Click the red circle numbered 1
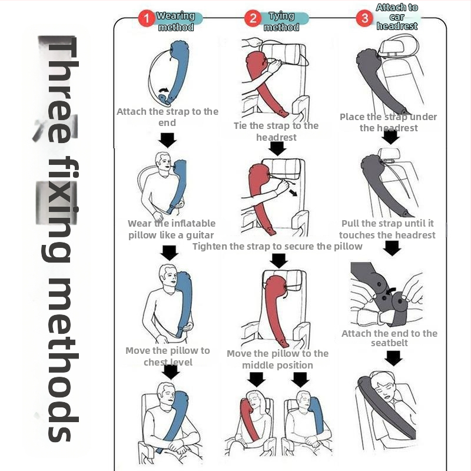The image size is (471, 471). (x=146, y=18)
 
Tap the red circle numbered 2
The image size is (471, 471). (x=253, y=18)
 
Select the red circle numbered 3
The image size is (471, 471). (x=364, y=18)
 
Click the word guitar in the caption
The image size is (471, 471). (x=200, y=235)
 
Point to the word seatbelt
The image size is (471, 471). (x=389, y=343)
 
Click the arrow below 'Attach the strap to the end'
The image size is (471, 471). (x=168, y=140)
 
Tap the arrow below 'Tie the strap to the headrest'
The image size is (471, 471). (x=277, y=148)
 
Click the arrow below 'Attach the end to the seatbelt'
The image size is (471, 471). (x=393, y=358)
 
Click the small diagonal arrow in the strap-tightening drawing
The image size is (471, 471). (x=293, y=193)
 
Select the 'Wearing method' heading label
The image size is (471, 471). (x=176, y=21)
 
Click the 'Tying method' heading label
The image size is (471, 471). (x=281, y=21)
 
